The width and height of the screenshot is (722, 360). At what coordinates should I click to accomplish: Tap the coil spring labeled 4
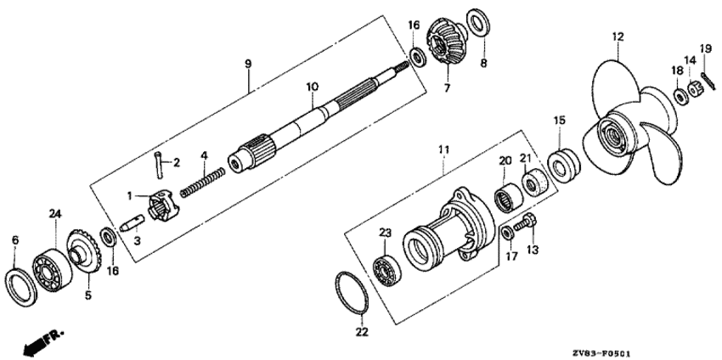pos(203,183)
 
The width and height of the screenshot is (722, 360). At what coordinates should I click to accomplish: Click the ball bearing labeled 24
pos(52,269)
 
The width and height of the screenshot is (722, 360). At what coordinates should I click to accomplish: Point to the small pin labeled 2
pos(159,165)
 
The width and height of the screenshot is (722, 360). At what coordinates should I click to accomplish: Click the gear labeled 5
pos(84,251)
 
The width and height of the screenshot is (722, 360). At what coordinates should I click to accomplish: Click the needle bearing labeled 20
pos(508,198)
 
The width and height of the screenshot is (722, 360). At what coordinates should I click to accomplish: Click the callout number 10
pos(313,87)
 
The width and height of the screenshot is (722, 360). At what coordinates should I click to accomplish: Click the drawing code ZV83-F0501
pos(601,354)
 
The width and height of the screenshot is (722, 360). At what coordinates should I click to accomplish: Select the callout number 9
pos(248,64)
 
